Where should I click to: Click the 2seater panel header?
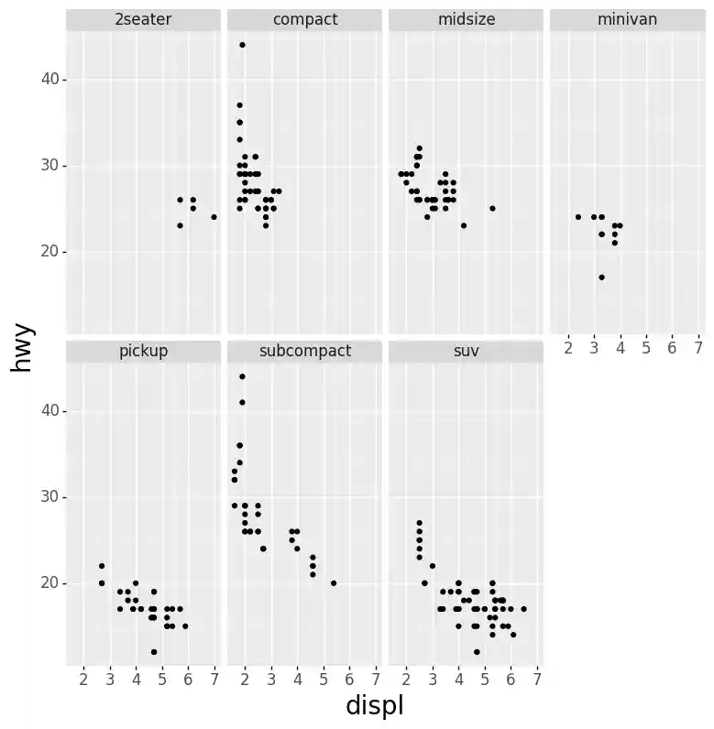(x=143, y=19)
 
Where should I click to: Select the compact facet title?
(x=304, y=19)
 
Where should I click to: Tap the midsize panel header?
(x=466, y=19)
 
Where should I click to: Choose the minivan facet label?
(x=627, y=19)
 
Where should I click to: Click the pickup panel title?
(x=143, y=351)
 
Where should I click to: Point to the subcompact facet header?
(x=304, y=351)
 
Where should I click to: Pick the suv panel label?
(x=466, y=351)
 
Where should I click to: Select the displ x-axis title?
(x=374, y=706)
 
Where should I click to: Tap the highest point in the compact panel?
(x=242, y=45)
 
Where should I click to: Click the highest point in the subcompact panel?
(x=242, y=376)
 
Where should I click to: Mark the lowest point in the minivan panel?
(x=601, y=277)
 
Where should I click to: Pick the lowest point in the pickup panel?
(x=154, y=651)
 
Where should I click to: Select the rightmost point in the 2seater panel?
(x=214, y=217)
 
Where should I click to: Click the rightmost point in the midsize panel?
(x=492, y=208)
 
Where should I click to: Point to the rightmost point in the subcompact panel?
(x=333, y=582)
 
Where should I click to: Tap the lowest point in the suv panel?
(x=477, y=651)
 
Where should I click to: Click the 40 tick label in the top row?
(x=49, y=80)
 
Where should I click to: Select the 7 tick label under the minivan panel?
(x=698, y=348)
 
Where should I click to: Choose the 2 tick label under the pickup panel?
(x=83, y=679)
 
